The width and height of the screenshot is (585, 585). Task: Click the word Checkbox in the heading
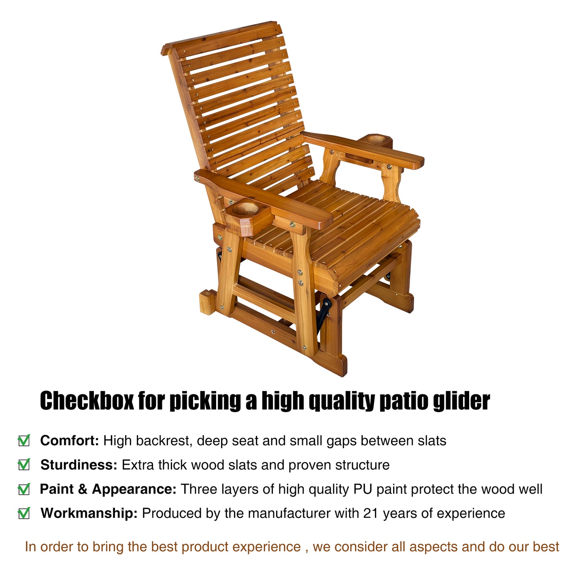pos(87,401)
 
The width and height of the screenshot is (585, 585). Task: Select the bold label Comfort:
pos(70,440)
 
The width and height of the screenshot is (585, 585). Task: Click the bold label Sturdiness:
pos(79,465)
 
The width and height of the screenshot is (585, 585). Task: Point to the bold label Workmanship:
pos(89,513)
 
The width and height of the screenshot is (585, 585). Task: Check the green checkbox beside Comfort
pos(24,440)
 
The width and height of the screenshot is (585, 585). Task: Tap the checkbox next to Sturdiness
pos(24,465)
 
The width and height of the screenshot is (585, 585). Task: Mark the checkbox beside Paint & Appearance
pos(24,489)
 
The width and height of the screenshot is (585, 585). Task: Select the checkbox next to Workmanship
pos(24,514)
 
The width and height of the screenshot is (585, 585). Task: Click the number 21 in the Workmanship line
pos(371,513)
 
